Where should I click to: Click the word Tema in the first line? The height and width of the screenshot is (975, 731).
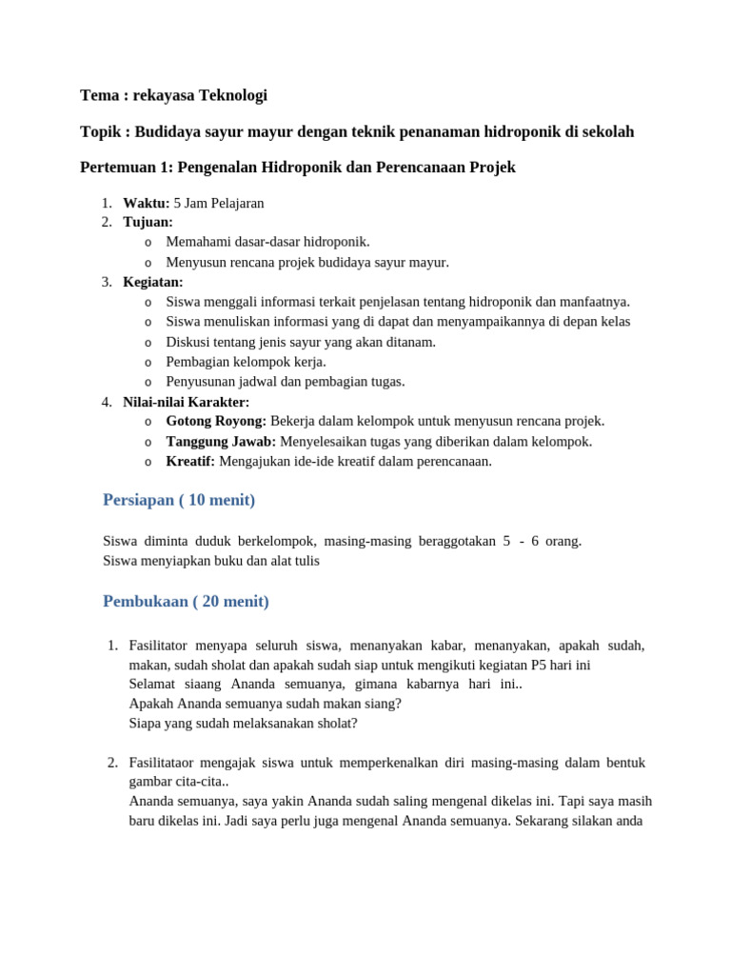click(x=99, y=95)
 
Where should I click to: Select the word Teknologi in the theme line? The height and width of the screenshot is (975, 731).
click(x=233, y=95)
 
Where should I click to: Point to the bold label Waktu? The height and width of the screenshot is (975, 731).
click(x=146, y=203)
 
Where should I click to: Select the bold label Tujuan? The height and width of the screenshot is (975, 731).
click(x=148, y=222)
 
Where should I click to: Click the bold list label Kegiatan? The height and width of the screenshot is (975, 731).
click(x=153, y=282)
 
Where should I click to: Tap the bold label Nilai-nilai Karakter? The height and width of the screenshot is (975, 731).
click(x=186, y=402)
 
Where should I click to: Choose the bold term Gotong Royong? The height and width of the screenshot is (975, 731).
click(x=216, y=421)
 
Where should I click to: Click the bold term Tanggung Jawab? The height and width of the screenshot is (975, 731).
click(x=221, y=442)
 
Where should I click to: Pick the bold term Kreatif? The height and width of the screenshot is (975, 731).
click(x=190, y=462)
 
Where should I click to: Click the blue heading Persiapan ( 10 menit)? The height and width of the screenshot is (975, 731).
click(x=179, y=500)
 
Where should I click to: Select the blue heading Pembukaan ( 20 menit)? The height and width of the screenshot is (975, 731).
click(x=186, y=602)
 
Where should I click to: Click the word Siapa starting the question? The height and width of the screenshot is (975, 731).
click(x=147, y=723)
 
